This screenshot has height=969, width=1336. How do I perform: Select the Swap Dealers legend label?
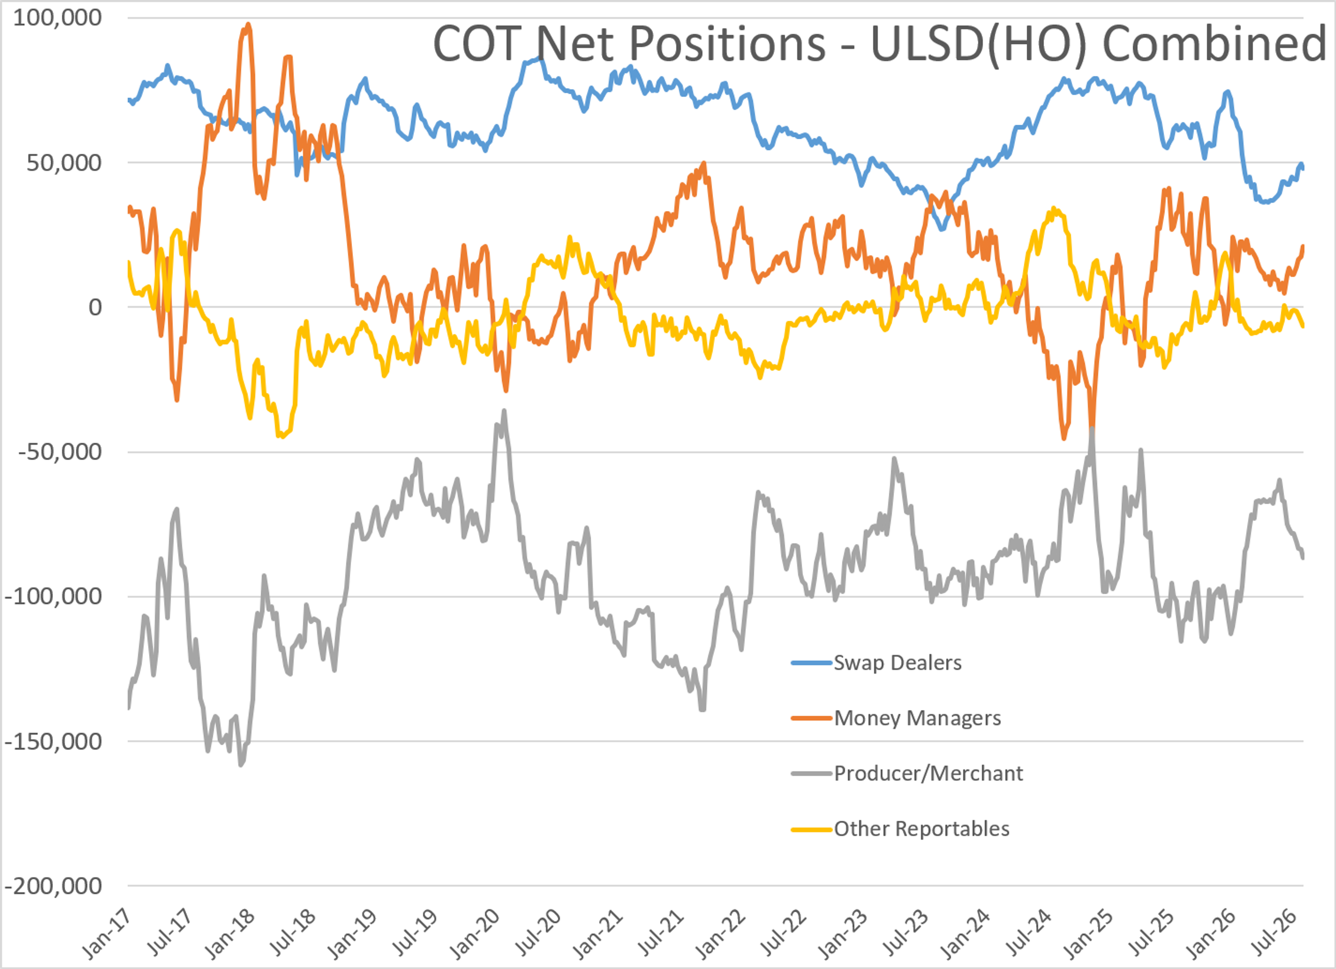click(898, 663)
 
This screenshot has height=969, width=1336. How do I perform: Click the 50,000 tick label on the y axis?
click(64, 163)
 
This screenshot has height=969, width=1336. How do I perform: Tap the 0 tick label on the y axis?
click(95, 307)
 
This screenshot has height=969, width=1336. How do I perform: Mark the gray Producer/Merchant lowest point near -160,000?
click(240, 764)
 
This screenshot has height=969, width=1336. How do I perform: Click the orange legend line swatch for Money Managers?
click(812, 718)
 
